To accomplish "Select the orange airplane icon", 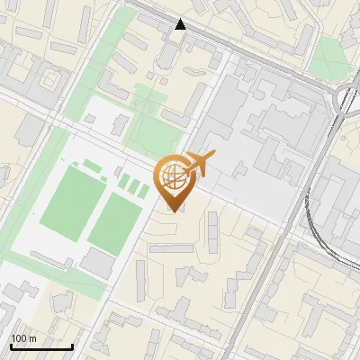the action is (200, 165).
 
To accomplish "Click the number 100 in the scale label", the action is (18, 338).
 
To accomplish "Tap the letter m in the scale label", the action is (32, 338).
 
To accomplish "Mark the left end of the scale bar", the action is (10, 346).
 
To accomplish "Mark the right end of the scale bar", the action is (72, 346).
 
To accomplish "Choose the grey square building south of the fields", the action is (97, 262).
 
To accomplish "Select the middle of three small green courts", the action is (133, 187).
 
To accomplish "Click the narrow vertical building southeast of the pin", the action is (211, 230).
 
